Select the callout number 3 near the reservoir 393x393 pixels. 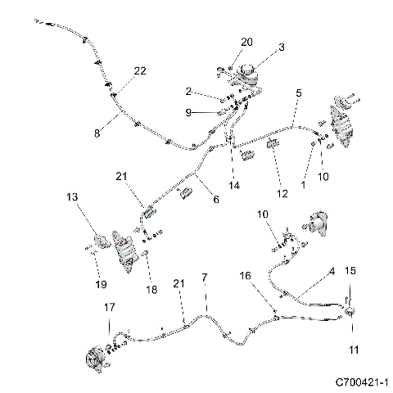point(281,47)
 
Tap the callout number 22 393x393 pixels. point(140,71)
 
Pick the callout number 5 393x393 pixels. point(300,95)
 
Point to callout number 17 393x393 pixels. point(109,308)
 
